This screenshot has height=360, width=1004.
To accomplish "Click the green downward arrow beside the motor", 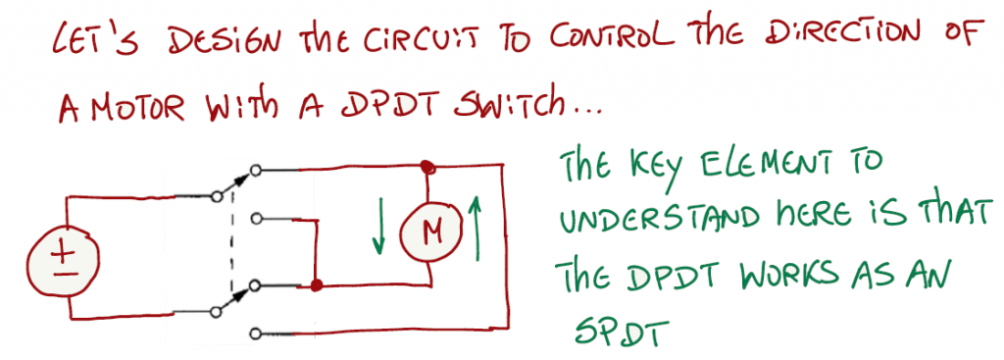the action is pyautogui.click(x=379, y=226).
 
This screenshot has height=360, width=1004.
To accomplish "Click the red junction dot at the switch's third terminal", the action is pyautogui.click(x=315, y=285).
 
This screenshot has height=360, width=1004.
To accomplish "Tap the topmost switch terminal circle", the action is pyautogui.click(x=256, y=171).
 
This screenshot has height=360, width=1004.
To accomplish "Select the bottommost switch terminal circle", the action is pyautogui.click(x=256, y=334).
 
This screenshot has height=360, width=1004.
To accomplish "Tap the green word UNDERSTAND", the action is pyautogui.click(x=660, y=219).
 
